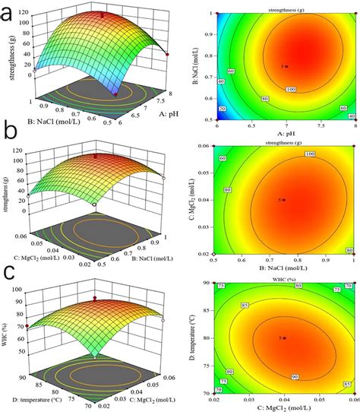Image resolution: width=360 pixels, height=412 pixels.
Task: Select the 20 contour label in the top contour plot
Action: coord(223,110)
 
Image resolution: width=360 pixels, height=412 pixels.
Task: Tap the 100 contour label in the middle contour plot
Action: coord(329,154)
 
